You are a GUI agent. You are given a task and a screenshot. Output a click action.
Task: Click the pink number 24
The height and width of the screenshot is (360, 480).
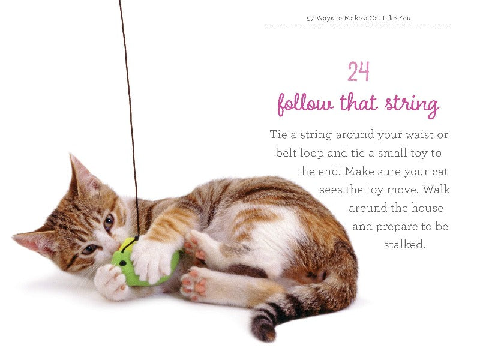pos(358,72)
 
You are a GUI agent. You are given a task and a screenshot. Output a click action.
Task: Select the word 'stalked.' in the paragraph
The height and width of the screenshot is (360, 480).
pos(404,245)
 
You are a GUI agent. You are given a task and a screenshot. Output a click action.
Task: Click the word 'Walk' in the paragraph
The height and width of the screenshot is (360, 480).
pos(436,190)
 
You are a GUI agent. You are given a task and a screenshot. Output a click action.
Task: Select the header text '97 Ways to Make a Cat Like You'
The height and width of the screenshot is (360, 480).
pos(358,18)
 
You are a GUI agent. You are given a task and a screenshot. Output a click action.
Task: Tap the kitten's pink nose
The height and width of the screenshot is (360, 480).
pos(113,245)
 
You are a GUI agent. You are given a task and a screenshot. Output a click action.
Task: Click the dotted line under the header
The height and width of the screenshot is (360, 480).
pos(358,25)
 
